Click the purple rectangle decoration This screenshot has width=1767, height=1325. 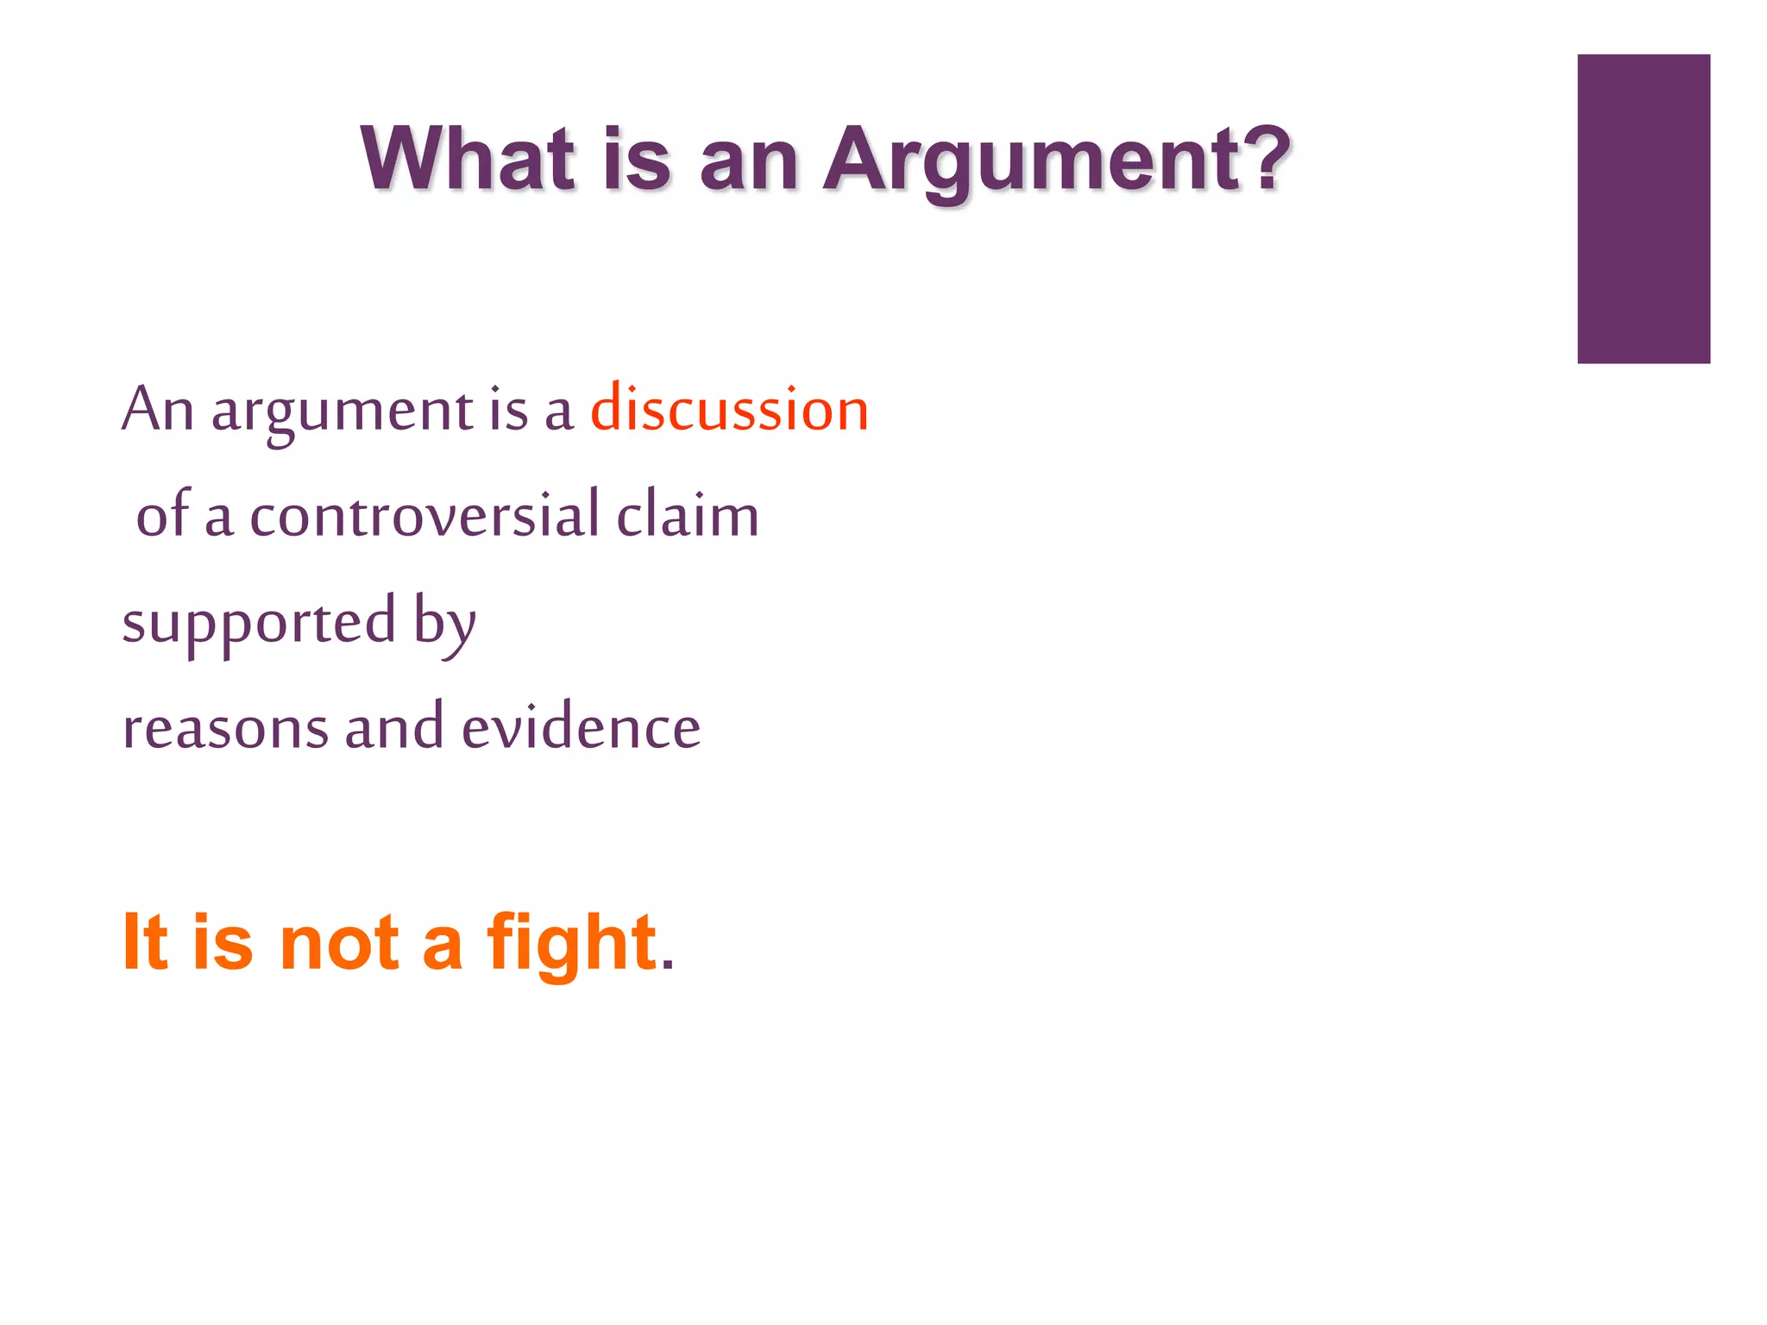tap(1643, 209)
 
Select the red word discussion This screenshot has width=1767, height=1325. tap(729, 409)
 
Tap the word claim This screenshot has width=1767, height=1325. tap(688, 515)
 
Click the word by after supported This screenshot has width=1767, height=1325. tap(445, 623)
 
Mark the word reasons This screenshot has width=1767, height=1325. tap(226, 727)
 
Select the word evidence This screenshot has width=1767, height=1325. tap(581, 727)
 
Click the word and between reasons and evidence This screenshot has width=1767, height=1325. tap(394, 727)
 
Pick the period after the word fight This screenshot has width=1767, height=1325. tap(667, 965)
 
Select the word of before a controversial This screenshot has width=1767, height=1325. tap(163, 515)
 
